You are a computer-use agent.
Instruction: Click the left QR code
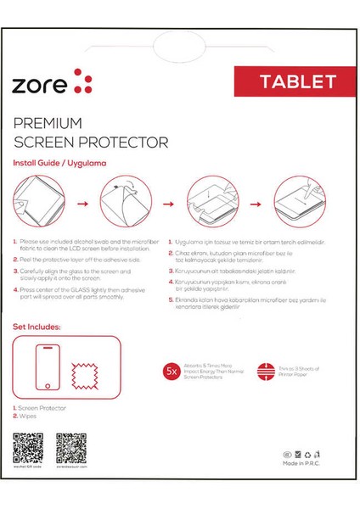point(27,445)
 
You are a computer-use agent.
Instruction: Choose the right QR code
point(70,445)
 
